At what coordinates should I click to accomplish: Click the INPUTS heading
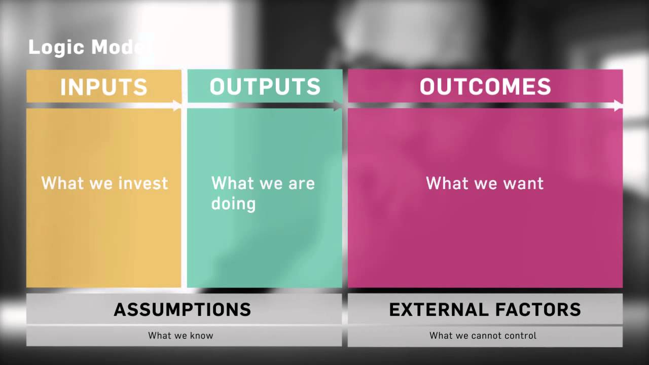click(104, 87)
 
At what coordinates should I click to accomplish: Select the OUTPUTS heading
click(265, 87)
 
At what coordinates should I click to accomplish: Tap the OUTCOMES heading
click(485, 87)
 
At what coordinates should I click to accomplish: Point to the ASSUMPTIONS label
click(183, 309)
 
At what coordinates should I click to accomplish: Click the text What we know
click(181, 336)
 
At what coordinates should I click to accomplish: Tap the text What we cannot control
click(483, 336)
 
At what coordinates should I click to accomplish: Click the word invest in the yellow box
click(144, 183)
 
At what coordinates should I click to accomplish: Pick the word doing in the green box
click(233, 204)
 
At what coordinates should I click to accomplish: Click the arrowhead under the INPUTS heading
click(177, 105)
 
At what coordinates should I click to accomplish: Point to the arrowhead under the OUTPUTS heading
click(338, 105)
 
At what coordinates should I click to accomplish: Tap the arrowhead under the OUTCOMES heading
click(618, 105)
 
